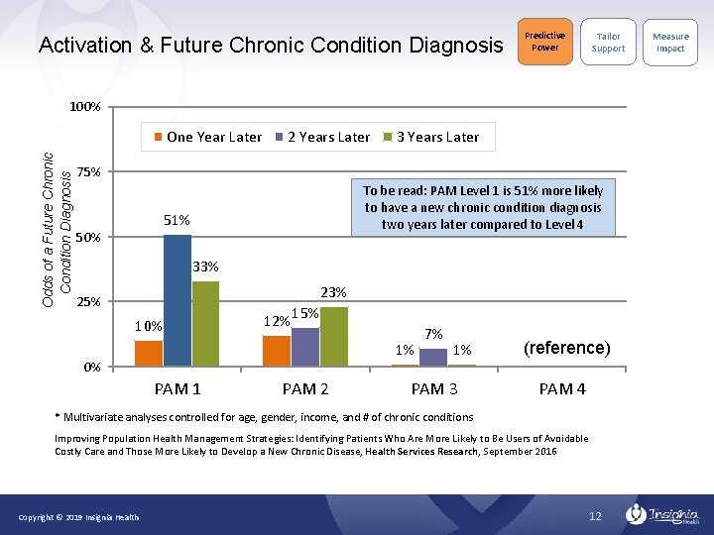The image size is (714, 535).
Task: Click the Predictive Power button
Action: pos(544,42)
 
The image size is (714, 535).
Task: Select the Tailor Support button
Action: pos(608,42)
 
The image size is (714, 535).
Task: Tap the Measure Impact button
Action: pos(670,42)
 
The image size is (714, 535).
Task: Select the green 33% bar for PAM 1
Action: pos(205,323)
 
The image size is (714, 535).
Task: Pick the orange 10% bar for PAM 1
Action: pos(149,353)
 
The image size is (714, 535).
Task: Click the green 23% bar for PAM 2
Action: pos(334,336)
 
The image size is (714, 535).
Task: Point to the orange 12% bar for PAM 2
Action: pos(277,351)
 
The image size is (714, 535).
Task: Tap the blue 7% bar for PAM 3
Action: pos(433,357)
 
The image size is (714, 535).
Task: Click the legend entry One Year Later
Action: pos(207,137)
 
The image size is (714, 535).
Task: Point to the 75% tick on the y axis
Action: pos(88,172)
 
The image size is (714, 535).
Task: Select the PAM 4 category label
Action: pos(562,388)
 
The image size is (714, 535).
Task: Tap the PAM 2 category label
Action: pos(305,388)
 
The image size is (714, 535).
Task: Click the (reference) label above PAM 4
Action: pos(566,348)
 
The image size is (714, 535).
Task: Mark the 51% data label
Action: pos(177,220)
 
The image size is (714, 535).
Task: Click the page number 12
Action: pos(595,516)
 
